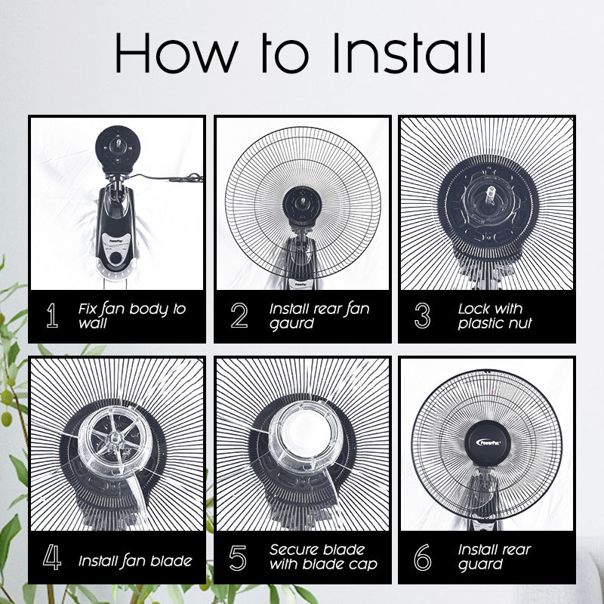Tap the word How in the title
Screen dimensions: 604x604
pyautogui.click(x=177, y=53)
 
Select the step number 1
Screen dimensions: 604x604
pyautogui.click(x=52, y=316)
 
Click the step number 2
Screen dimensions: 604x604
pyautogui.click(x=239, y=316)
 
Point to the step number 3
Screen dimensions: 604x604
pyautogui.click(x=422, y=316)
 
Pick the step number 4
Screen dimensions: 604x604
pyautogui.click(x=52, y=557)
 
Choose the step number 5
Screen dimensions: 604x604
pyautogui.click(x=238, y=557)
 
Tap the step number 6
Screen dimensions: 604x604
pyautogui.click(x=423, y=557)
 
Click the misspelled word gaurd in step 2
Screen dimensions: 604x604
pyautogui.click(x=291, y=324)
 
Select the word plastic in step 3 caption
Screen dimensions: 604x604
pyautogui.click(x=481, y=324)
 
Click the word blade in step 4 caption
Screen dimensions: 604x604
pyautogui.click(x=171, y=561)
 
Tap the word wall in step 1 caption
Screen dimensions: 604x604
pyautogui.click(x=92, y=323)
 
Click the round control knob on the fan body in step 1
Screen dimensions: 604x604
pyautogui.click(x=116, y=257)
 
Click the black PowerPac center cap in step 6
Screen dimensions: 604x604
pyautogui.click(x=488, y=443)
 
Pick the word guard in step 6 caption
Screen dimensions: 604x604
pyautogui.click(x=480, y=565)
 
